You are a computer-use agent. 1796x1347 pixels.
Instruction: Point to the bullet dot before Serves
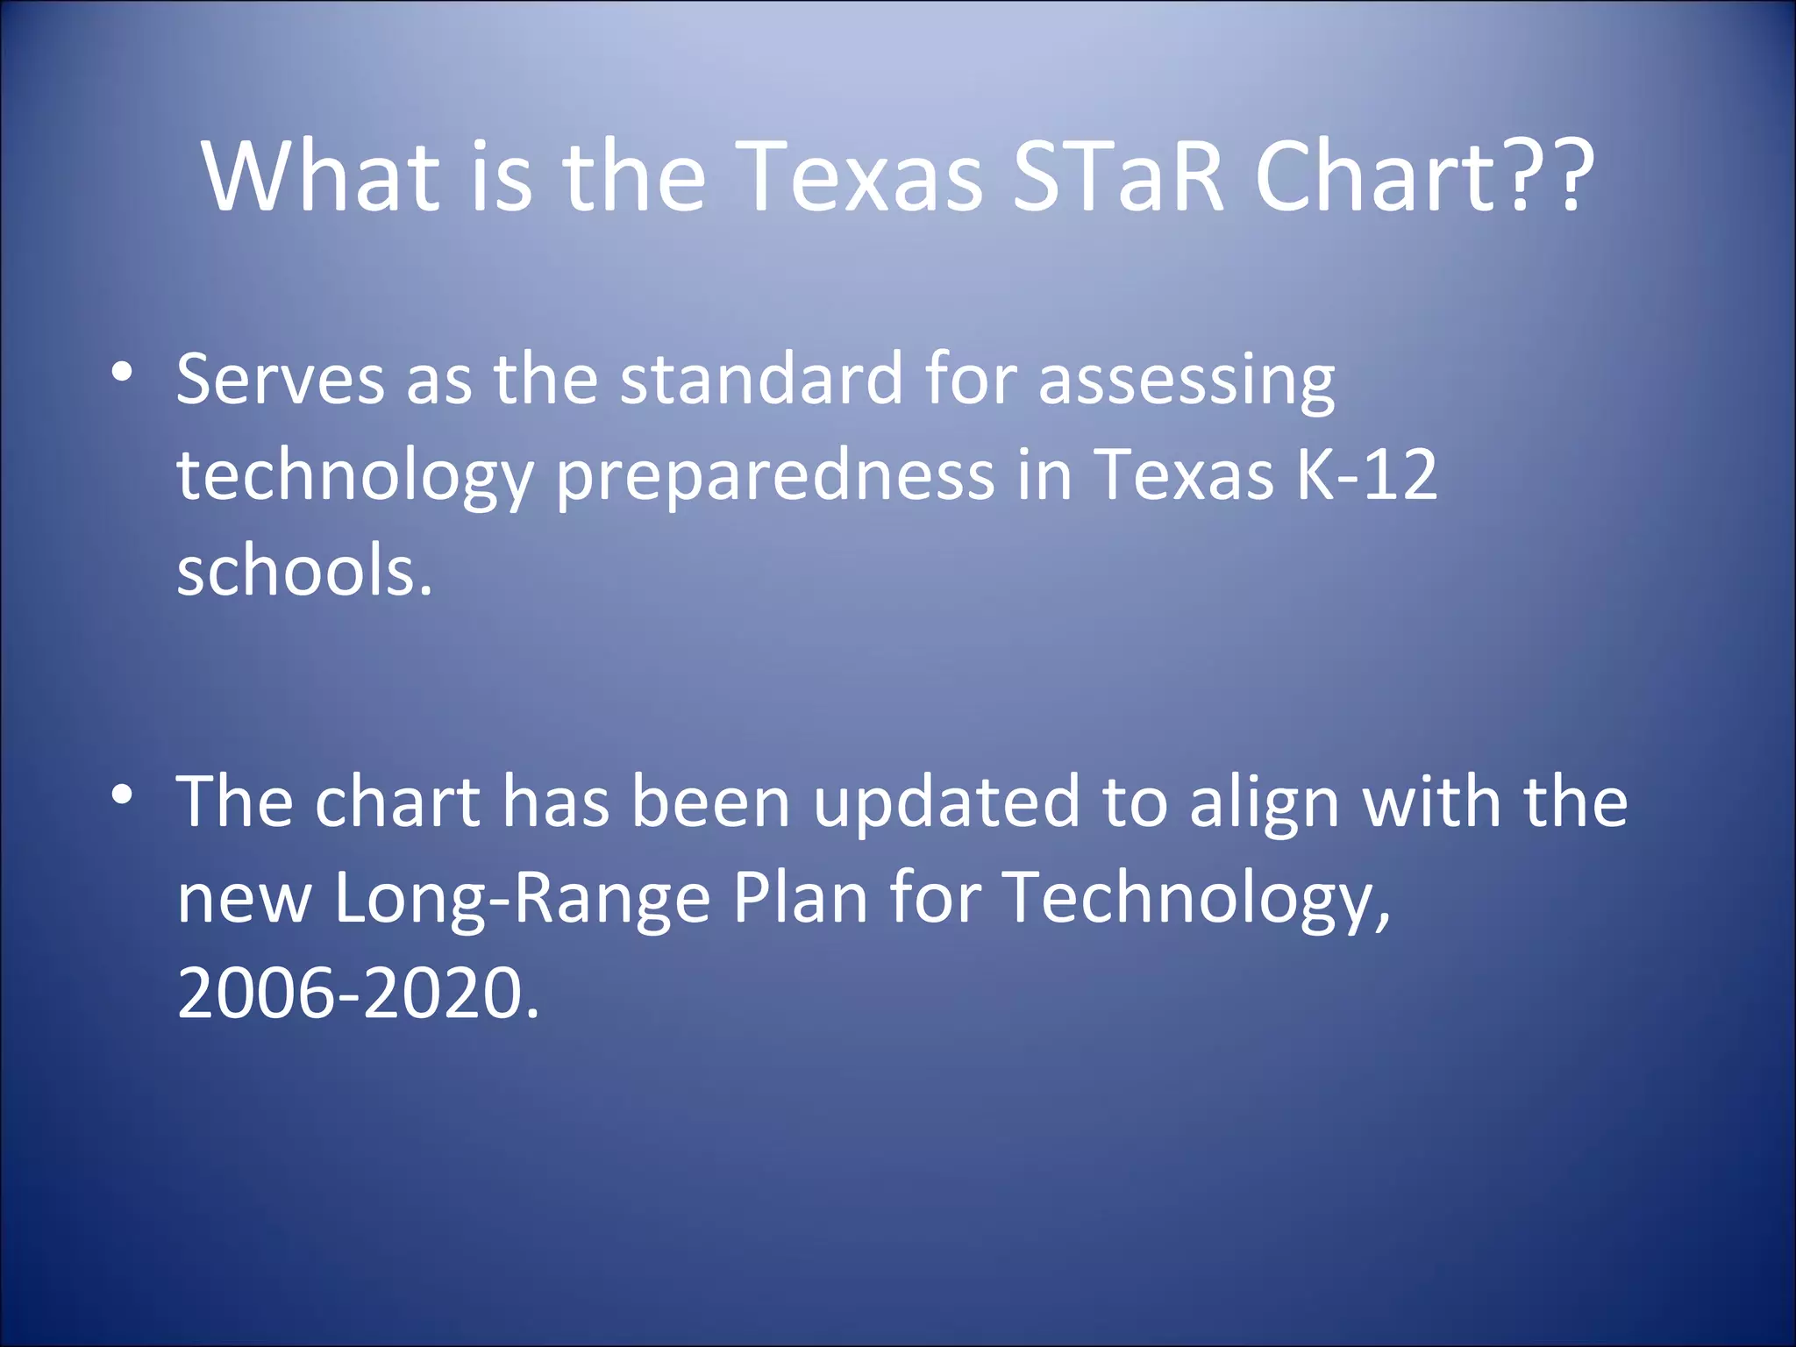(122, 372)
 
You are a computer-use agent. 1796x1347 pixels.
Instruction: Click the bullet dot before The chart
(122, 795)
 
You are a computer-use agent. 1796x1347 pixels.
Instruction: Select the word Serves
(281, 379)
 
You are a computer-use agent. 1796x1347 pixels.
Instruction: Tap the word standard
(761, 379)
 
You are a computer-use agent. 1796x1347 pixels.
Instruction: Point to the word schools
(304, 570)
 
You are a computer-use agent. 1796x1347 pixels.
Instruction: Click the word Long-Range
(523, 900)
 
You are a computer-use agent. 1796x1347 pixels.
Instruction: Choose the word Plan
(800, 898)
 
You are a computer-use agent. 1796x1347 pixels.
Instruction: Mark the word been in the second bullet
(711, 802)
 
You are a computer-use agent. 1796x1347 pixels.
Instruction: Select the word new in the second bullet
(245, 900)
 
